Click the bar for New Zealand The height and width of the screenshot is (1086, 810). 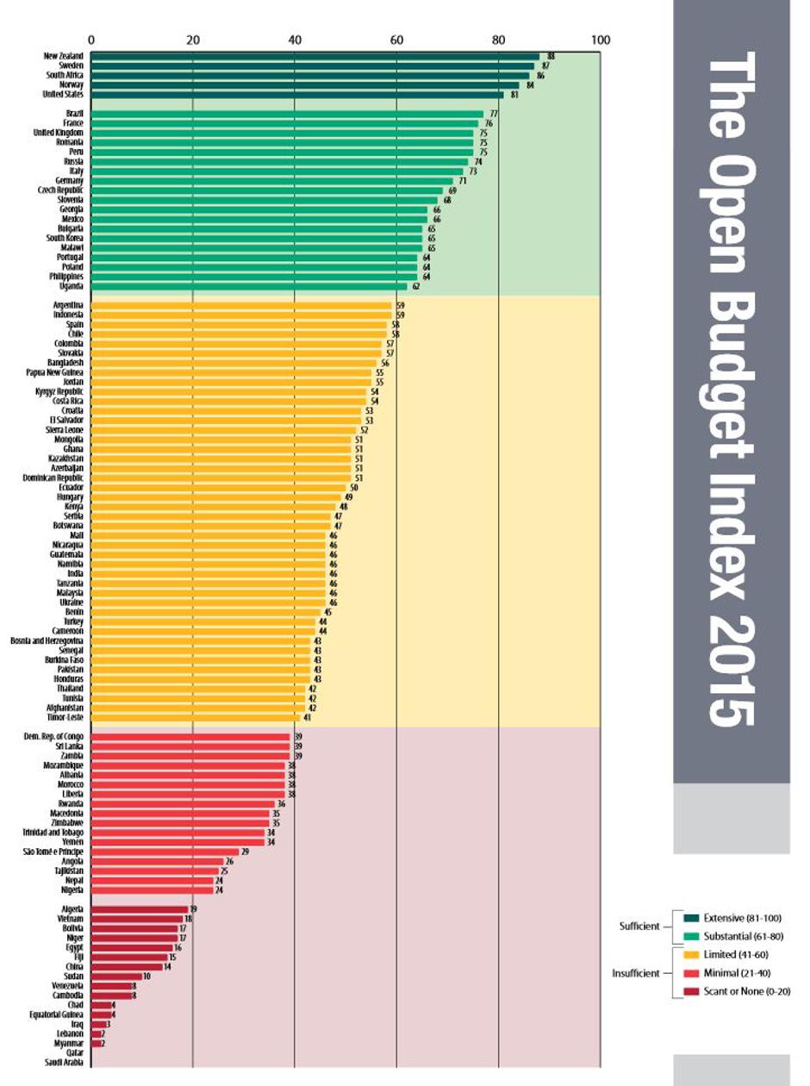pos(315,56)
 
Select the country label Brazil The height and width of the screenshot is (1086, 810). pos(74,114)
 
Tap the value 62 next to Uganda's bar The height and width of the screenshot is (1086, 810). pos(415,286)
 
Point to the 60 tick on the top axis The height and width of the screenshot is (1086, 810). pos(396,40)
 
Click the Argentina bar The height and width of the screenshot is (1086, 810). pos(241,305)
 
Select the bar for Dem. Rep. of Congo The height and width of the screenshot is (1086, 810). pos(190,737)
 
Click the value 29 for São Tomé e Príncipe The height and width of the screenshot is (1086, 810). pos(245,852)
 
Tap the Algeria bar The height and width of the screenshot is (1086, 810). pos(140,909)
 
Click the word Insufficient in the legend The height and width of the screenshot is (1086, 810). pos(637,973)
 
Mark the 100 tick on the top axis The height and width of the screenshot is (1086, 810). pos(601,40)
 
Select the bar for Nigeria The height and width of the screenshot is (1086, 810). pos(152,889)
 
